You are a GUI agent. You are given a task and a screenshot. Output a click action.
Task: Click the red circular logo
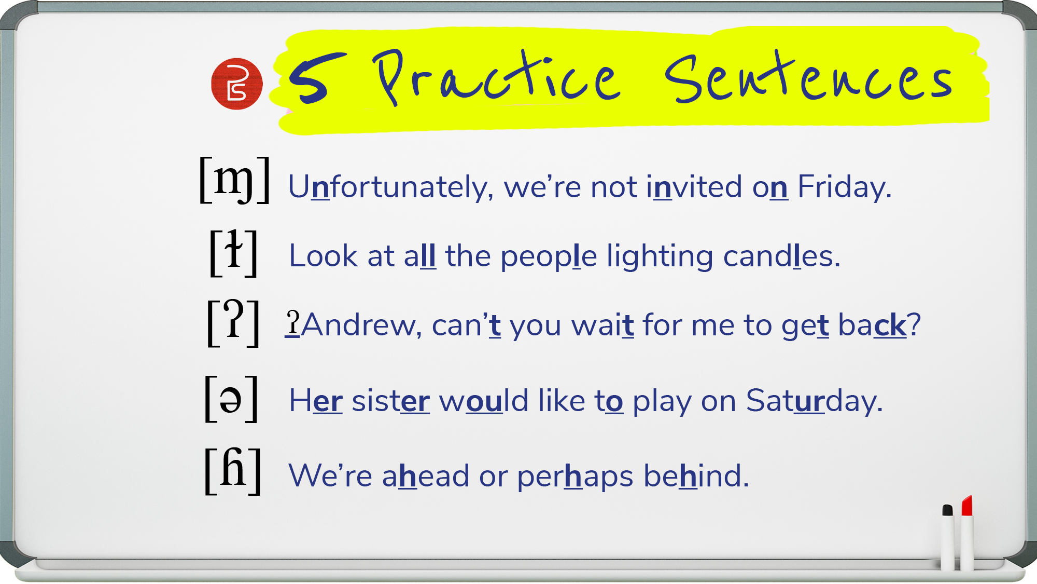pos(237,84)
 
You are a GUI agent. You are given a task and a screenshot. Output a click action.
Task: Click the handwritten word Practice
pos(496,77)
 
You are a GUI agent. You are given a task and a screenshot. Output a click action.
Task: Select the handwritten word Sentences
pos(809,76)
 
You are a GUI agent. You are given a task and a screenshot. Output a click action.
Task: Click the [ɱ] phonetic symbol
pos(234,180)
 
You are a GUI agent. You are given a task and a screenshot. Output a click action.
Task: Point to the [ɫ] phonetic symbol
pos(233,253)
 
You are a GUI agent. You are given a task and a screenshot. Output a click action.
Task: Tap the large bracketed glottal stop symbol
pos(233,322)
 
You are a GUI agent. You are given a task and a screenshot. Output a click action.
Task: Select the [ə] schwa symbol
pos(231,399)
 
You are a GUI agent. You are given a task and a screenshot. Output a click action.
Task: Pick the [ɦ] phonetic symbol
pos(233,471)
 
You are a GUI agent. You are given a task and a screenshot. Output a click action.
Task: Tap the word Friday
pos(845,187)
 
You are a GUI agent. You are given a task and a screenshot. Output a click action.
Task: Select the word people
pos(549,257)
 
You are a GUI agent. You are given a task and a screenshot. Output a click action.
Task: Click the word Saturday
pos(814,401)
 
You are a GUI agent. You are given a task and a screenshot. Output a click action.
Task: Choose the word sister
pos(391,401)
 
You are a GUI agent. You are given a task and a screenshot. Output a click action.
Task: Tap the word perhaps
pos(575,476)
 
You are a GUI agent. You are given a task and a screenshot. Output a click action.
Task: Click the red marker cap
pos(966,505)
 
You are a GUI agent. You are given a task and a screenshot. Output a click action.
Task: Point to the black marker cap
pos(947,510)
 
